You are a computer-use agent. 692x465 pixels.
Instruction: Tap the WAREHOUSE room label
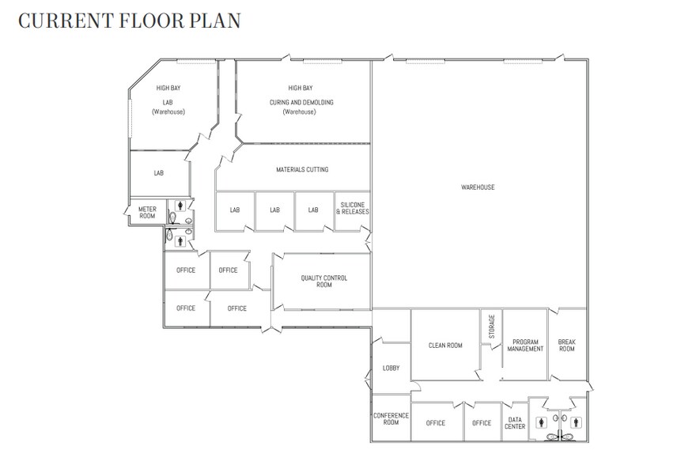pos(478,187)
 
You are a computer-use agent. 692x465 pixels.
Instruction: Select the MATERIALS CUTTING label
pos(302,169)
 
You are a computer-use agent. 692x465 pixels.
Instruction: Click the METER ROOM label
pos(147,212)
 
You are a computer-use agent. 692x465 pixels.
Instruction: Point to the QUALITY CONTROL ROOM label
pos(324,282)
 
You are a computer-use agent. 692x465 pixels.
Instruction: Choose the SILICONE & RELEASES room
pos(353,208)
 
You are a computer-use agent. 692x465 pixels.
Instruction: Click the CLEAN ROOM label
pos(445,346)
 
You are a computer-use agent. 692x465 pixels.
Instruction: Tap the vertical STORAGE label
pos(492,327)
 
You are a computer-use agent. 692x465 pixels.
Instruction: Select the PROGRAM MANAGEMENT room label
pos(525,346)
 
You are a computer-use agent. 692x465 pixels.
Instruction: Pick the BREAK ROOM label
pos(567,346)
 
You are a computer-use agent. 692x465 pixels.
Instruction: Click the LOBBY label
pos(391,368)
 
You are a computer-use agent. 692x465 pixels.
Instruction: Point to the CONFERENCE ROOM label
pos(391,418)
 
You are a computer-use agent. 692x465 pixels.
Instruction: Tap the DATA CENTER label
pos(515,423)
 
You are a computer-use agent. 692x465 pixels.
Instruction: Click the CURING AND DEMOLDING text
pos(301,102)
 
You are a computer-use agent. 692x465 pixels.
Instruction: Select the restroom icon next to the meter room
pos(180,205)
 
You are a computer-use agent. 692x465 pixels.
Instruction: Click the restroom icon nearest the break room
pos(577,422)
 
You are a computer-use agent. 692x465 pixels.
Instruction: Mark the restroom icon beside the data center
pos(542,422)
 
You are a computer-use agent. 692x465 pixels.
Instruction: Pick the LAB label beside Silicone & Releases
pos(313,210)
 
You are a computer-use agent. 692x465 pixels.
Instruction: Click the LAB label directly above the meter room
pos(159,173)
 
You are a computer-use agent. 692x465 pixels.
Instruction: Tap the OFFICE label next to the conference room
pos(436,423)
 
